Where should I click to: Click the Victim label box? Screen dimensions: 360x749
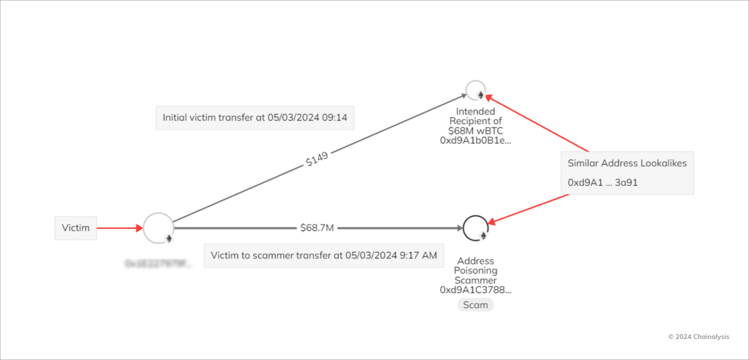[x=75, y=228]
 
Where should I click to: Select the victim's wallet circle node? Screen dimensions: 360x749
[x=158, y=228]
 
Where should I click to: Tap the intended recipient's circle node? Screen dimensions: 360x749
[x=475, y=90]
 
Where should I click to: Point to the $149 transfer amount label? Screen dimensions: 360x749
[x=317, y=159]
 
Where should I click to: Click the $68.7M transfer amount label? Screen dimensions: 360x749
[x=317, y=228]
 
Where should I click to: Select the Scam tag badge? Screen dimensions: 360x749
[x=475, y=305]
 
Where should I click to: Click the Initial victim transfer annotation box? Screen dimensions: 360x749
[x=255, y=118]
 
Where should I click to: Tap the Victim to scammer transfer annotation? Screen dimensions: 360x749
[x=323, y=255]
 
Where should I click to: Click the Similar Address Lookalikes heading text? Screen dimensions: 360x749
[x=627, y=163]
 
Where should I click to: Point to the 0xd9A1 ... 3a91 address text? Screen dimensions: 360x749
[x=603, y=183]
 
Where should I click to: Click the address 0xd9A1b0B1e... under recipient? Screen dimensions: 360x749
[x=475, y=141]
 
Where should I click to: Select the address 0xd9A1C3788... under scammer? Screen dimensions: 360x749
[x=475, y=290]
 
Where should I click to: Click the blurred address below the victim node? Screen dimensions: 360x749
[x=158, y=264]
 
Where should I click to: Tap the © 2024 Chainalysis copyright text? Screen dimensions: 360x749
[x=702, y=337]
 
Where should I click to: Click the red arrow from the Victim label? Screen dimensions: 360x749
[x=119, y=228]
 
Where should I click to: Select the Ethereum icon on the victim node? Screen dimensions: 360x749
[x=169, y=238]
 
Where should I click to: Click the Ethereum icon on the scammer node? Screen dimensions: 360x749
[x=483, y=236]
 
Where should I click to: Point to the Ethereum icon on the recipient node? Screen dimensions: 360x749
[x=481, y=95]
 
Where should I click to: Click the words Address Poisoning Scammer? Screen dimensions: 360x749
[x=475, y=270]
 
